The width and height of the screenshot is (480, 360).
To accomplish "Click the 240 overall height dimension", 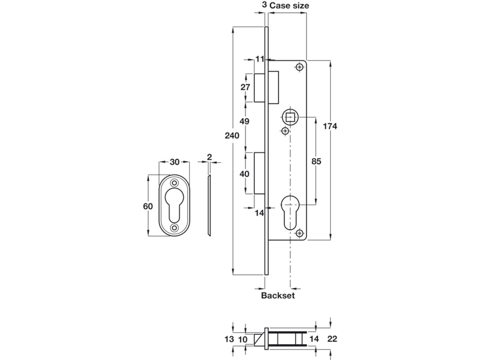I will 232,136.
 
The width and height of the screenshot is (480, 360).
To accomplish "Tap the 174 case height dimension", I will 330,126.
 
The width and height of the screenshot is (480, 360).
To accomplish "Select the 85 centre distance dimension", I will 316,161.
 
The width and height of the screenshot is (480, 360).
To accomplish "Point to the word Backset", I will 278,295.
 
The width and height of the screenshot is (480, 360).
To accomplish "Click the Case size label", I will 289,6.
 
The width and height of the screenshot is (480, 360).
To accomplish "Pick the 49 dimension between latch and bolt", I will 244,121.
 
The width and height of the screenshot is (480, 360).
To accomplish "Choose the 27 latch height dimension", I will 245,87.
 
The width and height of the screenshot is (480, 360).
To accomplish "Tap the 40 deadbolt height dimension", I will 244,174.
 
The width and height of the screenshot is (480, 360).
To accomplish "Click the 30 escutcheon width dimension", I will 174,162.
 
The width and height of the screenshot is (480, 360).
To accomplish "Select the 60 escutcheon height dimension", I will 148,206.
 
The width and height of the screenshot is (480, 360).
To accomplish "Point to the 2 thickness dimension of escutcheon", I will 209,157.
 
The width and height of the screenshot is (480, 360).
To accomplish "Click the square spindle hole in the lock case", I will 290,117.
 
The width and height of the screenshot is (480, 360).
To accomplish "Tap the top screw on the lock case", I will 300,67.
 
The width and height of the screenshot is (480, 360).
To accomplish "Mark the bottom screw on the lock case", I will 300,234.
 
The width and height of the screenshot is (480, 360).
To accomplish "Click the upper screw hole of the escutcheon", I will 175,183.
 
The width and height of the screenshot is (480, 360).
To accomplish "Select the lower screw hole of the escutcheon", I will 175,227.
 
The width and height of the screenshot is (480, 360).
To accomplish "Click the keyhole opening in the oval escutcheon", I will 175,204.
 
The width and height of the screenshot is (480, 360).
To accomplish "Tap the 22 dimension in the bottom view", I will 332,339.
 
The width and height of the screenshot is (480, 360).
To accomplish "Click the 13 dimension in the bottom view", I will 229,339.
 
